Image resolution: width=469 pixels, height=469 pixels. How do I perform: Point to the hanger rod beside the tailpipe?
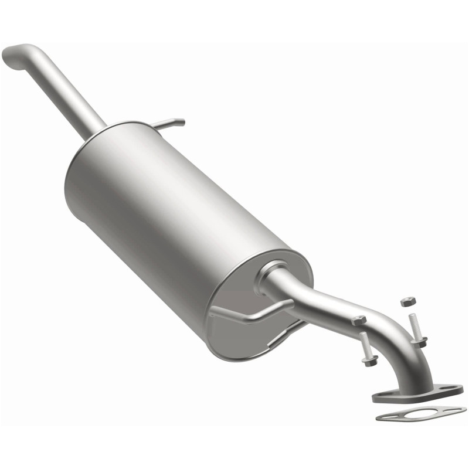click(x=170, y=123)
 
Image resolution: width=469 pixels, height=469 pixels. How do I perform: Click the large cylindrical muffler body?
click(x=170, y=205)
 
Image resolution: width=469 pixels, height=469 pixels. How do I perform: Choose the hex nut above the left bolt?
click(x=359, y=320)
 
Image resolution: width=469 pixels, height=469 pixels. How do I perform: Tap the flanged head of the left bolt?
click(x=370, y=360)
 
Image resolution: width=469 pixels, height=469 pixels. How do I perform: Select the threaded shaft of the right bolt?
click(x=415, y=325)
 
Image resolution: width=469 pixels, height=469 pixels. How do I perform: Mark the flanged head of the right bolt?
click(x=419, y=341)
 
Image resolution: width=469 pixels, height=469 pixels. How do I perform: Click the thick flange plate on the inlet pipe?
click(x=410, y=396)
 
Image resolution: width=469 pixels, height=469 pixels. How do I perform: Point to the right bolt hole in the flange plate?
click(x=452, y=389)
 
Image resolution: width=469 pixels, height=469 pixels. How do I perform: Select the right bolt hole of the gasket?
click(x=455, y=410)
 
